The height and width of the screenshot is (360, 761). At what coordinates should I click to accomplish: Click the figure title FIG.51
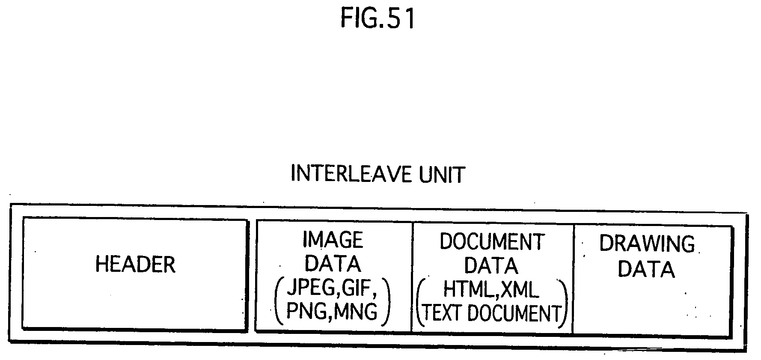tap(378, 19)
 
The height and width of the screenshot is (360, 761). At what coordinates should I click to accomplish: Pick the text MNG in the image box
tap(356, 311)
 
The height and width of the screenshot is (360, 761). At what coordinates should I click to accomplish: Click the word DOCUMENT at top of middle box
tap(492, 242)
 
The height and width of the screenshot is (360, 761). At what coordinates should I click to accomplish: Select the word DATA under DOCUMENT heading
tap(491, 265)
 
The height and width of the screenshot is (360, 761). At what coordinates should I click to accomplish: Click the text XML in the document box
tap(519, 290)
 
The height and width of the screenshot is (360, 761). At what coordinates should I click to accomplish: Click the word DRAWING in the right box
tap(646, 244)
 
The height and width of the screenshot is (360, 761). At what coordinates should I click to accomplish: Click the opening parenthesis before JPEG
tap(279, 300)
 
